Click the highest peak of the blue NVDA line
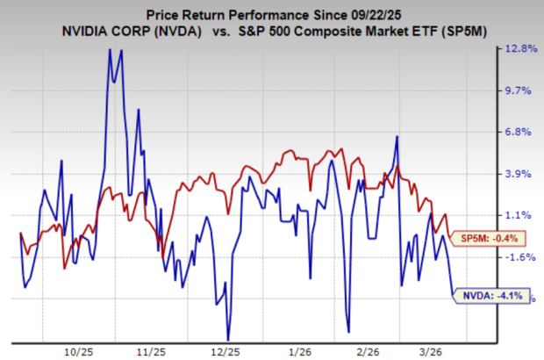(110, 49)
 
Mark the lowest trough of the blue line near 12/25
(228, 339)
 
